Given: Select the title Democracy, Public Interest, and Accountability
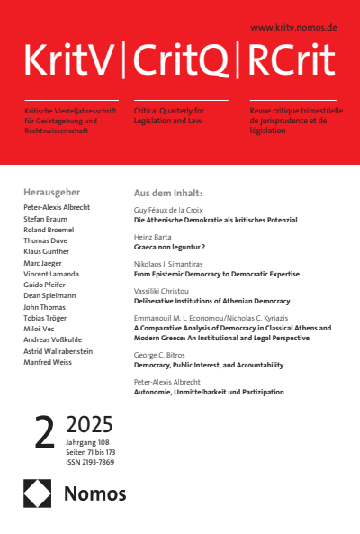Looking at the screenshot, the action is [x=208, y=365].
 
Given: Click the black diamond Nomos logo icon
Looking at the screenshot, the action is [x=39, y=493].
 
